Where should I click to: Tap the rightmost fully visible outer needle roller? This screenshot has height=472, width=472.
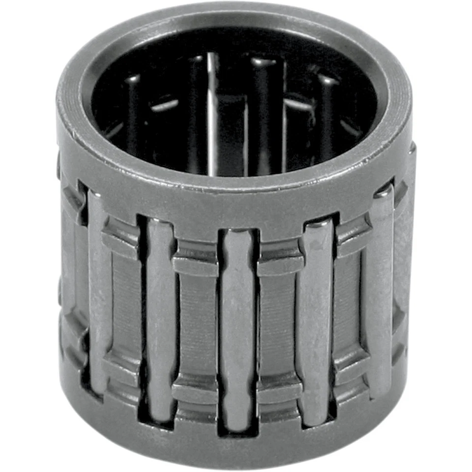(x=382, y=290)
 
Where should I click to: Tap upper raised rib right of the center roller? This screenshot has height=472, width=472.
(x=278, y=256)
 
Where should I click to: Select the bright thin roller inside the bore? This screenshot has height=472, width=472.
(x=212, y=113)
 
